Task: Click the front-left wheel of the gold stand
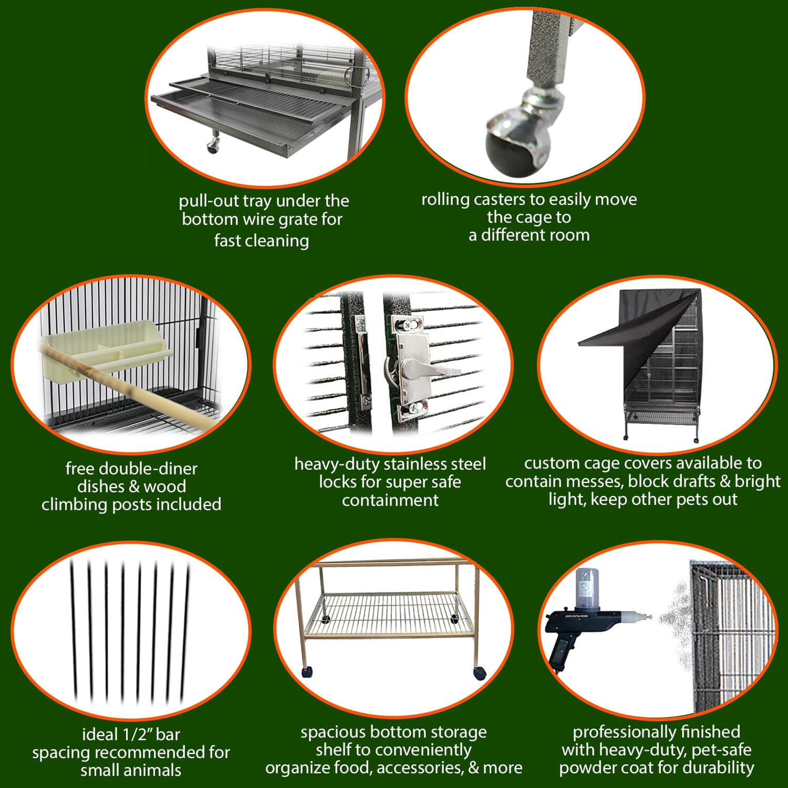point(306,671)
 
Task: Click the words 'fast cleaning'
point(261,241)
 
